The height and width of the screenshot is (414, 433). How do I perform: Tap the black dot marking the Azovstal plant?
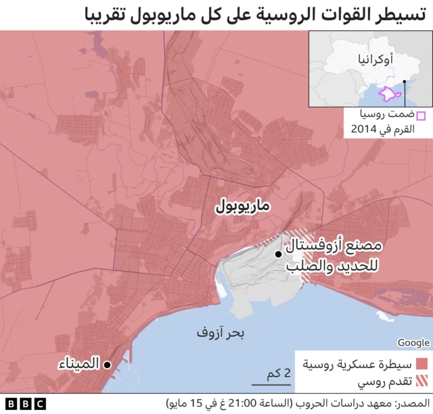[278, 254]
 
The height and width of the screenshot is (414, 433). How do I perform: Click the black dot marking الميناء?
[107, 365]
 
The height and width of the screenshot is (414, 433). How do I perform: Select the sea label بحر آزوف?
[221, 333]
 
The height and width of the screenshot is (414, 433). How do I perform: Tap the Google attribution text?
[413, 342]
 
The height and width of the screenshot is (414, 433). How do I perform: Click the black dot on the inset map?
[404, 82]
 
